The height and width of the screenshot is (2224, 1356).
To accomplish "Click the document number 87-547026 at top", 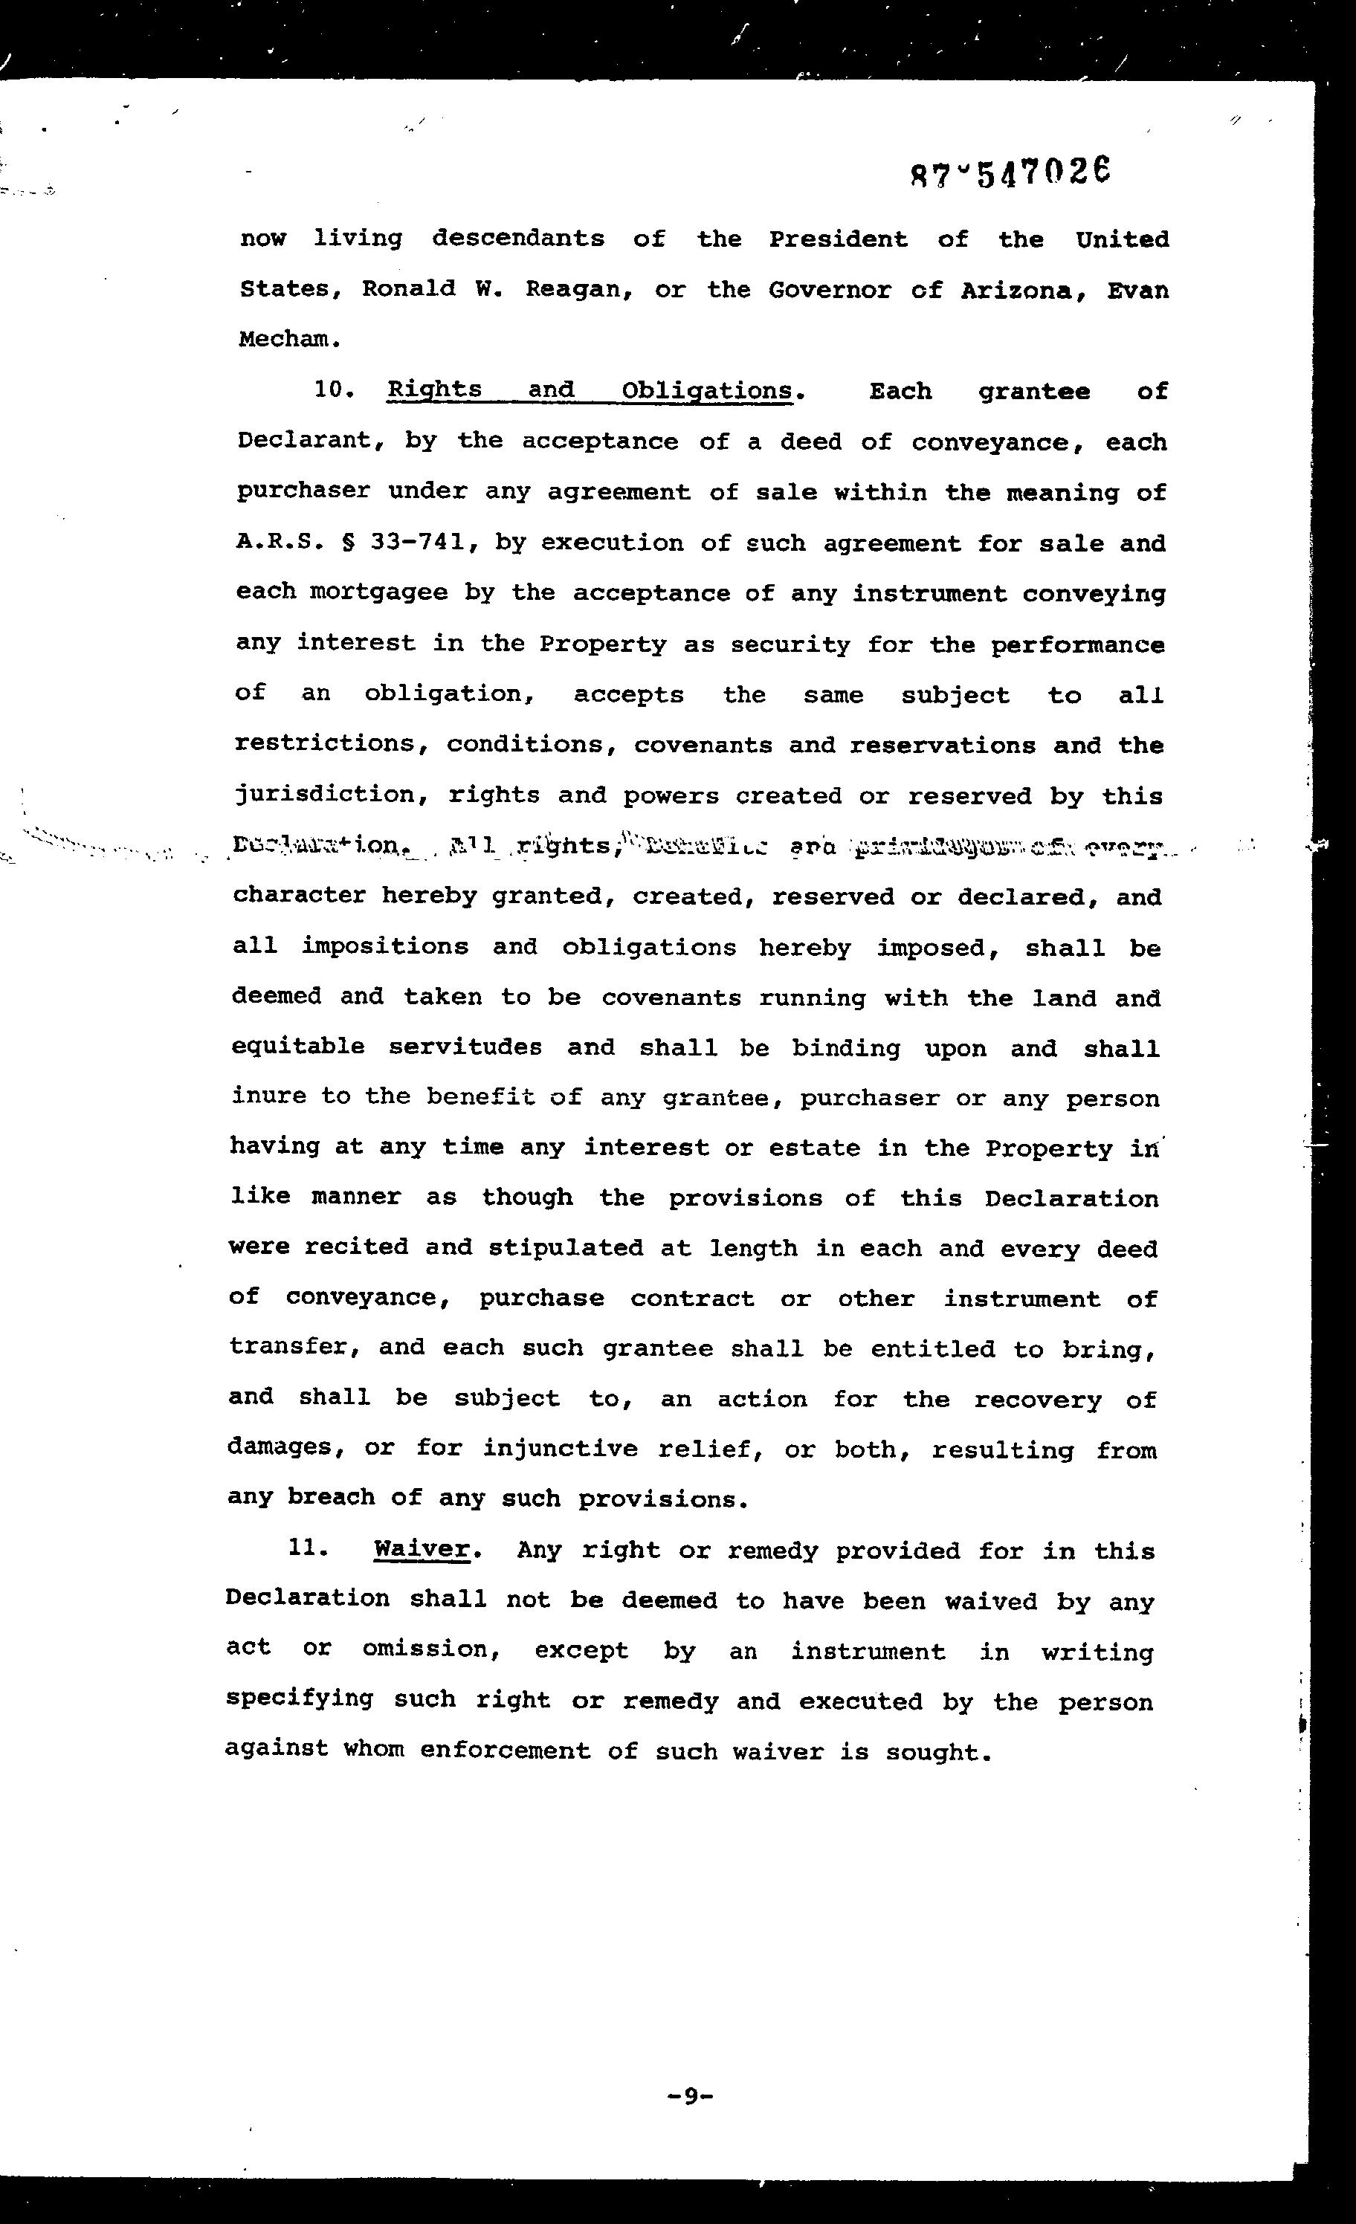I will (1010, 172).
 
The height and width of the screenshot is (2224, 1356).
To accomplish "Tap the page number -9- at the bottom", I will (690, 2096).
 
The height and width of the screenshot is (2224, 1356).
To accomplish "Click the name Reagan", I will (574, 290).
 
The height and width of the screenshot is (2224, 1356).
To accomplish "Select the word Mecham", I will (290, 340).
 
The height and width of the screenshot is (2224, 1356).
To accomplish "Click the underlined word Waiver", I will (422, 1549).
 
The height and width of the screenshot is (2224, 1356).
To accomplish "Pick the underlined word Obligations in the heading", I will (707, 391).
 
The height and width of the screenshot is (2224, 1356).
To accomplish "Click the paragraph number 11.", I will (307, 1549).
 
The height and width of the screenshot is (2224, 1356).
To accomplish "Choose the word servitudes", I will (465, 1047).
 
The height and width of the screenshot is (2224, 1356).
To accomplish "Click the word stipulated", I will (565, 1248).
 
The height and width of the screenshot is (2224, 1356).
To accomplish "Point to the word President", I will (838, 239).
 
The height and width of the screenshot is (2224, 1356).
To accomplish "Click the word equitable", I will (298, 1047).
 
